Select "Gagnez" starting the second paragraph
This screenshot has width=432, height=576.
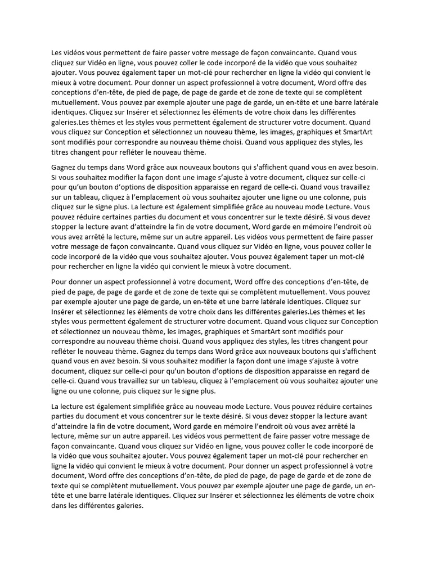[65, 167]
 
